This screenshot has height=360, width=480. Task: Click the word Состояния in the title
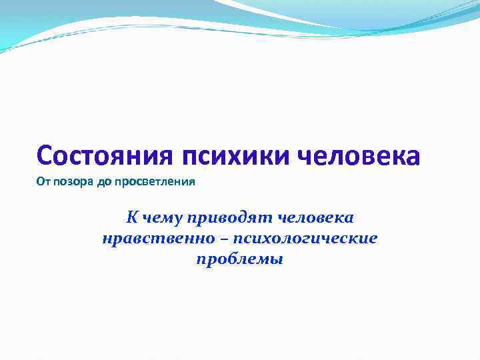point(106,156)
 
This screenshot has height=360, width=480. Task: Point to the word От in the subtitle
point(43,182)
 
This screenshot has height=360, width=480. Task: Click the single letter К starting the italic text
point(132,217)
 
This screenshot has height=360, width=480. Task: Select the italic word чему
point(161,218)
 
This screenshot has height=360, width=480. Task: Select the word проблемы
point(240,260)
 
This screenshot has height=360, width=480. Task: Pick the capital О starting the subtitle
point(40,182)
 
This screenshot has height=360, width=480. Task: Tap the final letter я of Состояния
point(167,157)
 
